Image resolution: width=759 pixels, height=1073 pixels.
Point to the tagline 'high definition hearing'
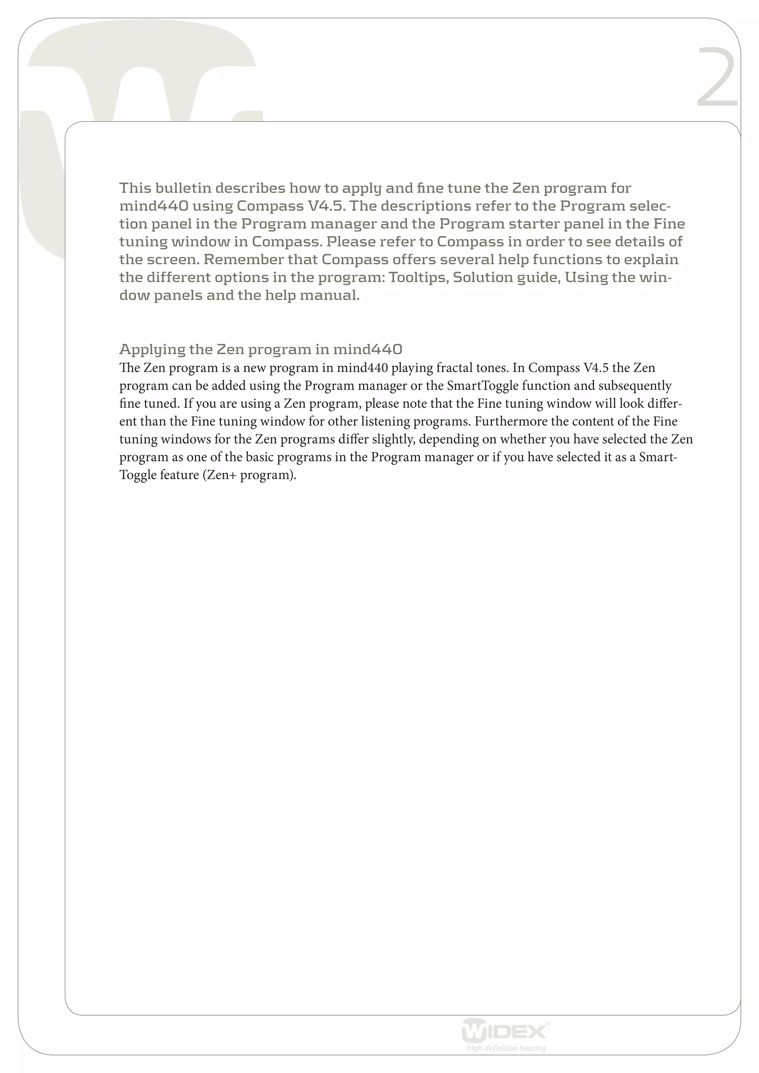[506, 1048]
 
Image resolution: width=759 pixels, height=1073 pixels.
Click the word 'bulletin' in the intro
[183, 188]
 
